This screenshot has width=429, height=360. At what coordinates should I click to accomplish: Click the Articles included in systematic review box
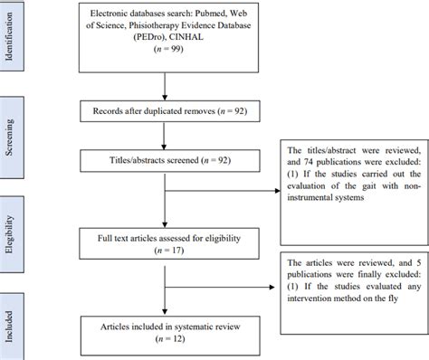[x=163, y=321]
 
